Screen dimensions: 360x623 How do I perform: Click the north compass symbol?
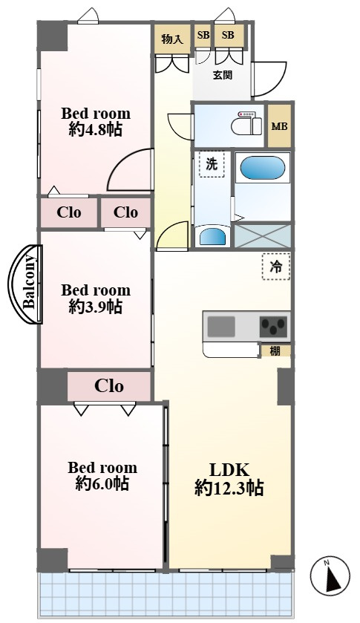[330, 575]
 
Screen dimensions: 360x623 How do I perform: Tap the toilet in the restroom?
[246, 124]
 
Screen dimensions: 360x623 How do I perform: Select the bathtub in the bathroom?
[263, 168]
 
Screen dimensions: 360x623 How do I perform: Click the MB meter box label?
[279, 126]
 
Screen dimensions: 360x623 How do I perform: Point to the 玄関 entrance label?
[222, 75]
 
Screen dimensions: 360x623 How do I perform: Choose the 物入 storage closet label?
[172, 39]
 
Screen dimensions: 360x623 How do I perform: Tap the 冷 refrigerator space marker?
[276, 267]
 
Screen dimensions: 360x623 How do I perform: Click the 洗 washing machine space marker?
[212, 163]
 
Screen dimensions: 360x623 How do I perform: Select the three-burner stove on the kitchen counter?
[273, 327]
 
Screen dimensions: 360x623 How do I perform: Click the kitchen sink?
[221, 327]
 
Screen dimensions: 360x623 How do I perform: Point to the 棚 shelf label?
[275, 350]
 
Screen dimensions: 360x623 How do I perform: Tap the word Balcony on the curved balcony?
[30, 284]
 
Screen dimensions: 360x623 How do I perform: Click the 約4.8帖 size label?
[95, 130]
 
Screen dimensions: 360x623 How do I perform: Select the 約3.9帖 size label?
[95, 307]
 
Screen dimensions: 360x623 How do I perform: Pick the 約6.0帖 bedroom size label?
[102, 483]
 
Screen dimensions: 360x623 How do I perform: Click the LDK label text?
[229, 470]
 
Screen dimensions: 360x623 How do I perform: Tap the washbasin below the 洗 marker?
[212, 237]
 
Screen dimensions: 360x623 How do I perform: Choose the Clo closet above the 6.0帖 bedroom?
[109, 386]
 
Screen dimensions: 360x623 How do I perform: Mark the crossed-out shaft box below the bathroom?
[262, 236]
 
